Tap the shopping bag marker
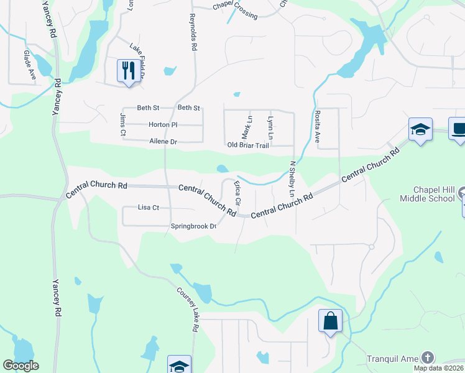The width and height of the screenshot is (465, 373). pos(329,321)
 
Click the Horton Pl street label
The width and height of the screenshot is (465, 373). pos(163,124)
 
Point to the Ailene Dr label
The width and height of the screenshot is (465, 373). pos(163,142)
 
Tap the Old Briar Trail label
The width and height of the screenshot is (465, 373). pos(248,145)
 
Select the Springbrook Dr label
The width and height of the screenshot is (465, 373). pos(193,226)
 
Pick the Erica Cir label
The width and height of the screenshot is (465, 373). pos(237,193)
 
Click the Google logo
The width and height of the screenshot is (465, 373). pos(21,366)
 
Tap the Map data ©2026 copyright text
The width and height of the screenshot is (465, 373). pos(438,368)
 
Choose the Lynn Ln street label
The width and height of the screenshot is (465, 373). pos(270,127)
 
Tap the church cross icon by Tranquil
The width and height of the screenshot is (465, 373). pos(426,357)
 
